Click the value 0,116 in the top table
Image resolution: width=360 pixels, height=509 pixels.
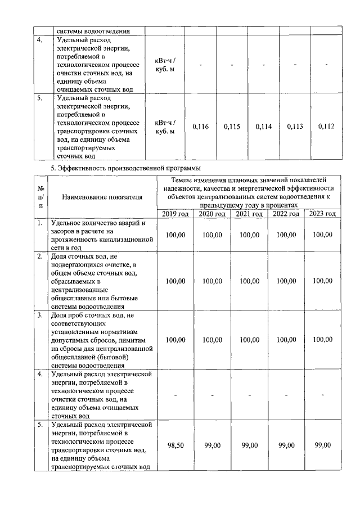click(x=200, y=127)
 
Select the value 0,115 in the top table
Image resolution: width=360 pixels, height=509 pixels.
click(x=232, y=127)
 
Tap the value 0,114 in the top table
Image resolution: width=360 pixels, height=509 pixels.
click(x=263, y=127)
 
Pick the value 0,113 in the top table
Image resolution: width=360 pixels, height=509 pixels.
click(x=295, y=127)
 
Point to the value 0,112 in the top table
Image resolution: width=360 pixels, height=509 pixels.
click(x=326, y=127)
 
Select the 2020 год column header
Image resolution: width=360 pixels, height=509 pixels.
click(x=213, y=214)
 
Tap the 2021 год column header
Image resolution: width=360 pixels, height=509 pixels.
click(x=249, y=214)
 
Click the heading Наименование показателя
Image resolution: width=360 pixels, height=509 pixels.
click(x=102, y=197)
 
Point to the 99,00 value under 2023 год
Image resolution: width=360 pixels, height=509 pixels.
click(x=322, y=445)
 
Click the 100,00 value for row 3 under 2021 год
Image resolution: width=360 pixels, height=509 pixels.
click(x=249, y=339)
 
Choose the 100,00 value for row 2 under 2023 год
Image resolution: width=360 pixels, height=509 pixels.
click(x=322, y=281)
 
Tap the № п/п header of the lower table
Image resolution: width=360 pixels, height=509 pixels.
click(x=40, y=197)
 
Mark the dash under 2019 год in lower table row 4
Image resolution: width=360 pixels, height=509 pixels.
click(x=176, y=395)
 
